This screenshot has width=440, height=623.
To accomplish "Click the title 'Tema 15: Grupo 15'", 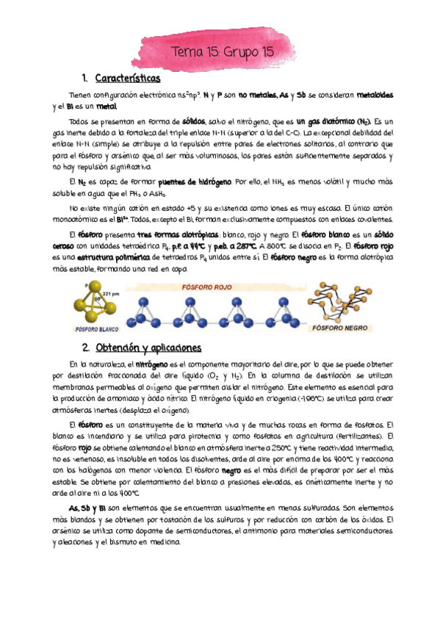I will (x=220, y=52).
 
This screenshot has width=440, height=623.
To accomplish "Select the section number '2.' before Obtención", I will (x=86, y=347).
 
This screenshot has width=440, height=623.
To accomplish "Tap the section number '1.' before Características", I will (x=85, y=78).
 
